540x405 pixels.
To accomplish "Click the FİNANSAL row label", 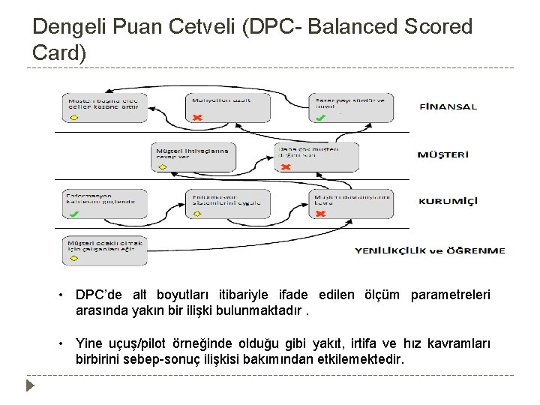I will (x=448, y=106).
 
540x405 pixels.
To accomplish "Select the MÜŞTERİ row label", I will (x=443, y=155).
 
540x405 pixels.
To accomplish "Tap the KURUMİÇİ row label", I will (x=448, y=201).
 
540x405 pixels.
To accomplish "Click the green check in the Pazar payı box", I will (x=320, y=118).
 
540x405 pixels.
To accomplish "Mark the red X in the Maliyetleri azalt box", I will (x=197, y=118).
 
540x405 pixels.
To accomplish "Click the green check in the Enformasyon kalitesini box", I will (x=73, y=214).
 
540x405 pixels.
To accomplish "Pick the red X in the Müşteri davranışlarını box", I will (x=320, y=214).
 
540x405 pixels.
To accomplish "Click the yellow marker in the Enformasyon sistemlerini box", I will (x=197, y=214).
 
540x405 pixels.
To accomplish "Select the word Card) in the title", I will (x=60, y=52).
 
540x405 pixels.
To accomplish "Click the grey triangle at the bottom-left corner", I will (x=30, y=387).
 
